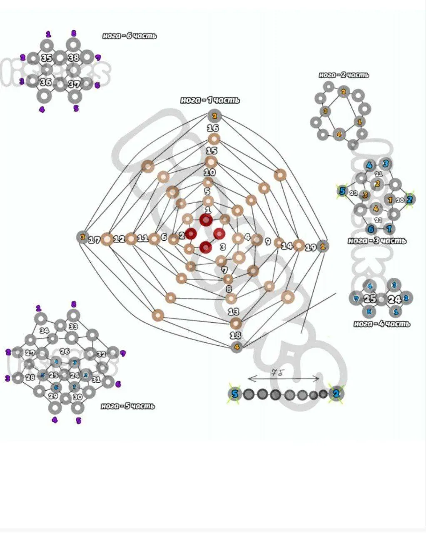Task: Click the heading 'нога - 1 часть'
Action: (210, 100)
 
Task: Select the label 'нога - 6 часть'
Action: (130, 36)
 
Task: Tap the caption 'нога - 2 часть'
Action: (344, 75)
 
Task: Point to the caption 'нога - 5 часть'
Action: (127, 406)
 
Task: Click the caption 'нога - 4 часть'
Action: (381, 324)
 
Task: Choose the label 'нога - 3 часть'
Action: (377, 241)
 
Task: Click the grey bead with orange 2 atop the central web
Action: (214, 116)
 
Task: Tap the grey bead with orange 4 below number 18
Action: (237, 347)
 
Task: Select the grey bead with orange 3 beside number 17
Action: (82, 237)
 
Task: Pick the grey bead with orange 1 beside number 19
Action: (322, 246)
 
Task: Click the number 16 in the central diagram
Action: (213, 128)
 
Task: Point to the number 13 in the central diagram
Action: (234, 311)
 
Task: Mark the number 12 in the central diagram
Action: (119, 239)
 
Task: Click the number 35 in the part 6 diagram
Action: (47, 58)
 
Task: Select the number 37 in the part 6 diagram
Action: (74, 84)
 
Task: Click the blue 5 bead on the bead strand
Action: (235, 394)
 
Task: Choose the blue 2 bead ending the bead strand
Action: (336, 394)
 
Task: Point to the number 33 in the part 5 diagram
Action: (73, 326)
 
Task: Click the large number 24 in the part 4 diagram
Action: (394, 299)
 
